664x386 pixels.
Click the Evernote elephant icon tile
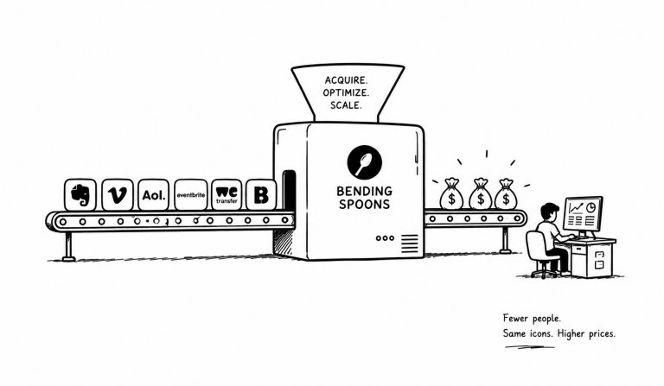80,194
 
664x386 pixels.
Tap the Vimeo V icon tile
118,194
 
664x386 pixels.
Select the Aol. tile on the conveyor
153,194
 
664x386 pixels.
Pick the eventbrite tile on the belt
190,194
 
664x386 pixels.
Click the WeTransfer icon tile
227,194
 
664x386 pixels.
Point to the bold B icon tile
261,194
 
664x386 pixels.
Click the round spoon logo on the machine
364,162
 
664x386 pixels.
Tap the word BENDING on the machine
364,191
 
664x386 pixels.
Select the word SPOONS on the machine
364,204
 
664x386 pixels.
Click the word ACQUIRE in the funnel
346,80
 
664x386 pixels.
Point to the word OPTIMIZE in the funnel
346,92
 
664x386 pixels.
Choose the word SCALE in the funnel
346,105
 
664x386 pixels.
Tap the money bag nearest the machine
451,194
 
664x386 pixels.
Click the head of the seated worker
550,212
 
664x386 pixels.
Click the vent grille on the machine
409,244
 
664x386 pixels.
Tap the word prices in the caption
602,334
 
